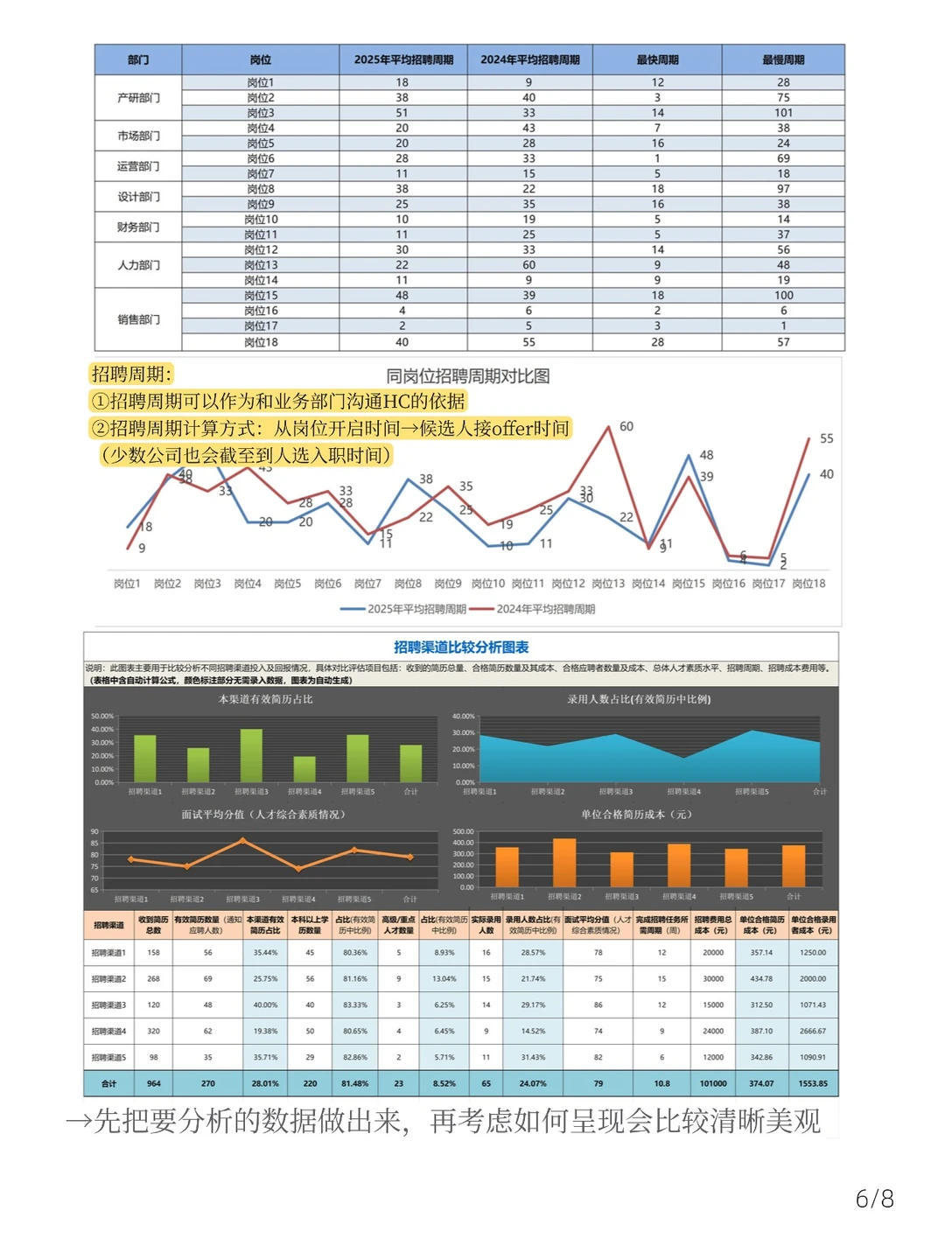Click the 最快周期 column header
coord(657,59)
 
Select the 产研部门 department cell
coord(138,98)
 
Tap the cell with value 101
coord(783,113)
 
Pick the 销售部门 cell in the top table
coord(138,319)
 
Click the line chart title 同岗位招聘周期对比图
coord(468,376)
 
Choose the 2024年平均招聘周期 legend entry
coord(534,609)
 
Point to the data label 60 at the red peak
coord(626,426)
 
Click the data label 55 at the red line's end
coord(826,438)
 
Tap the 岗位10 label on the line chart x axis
coord(487,584)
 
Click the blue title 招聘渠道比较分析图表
coord(461,647)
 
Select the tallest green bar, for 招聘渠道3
coord(251,755)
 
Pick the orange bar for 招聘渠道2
coord(564,863)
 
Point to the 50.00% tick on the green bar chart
coord(102,716)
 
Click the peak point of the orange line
coord(242,841)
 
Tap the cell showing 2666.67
coord(812,1031)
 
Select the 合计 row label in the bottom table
coord(108,1083)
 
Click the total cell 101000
coord(713,1083)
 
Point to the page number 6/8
coord(874,1199)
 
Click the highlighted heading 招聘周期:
coord(132,374)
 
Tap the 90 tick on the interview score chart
coord(94,832)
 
